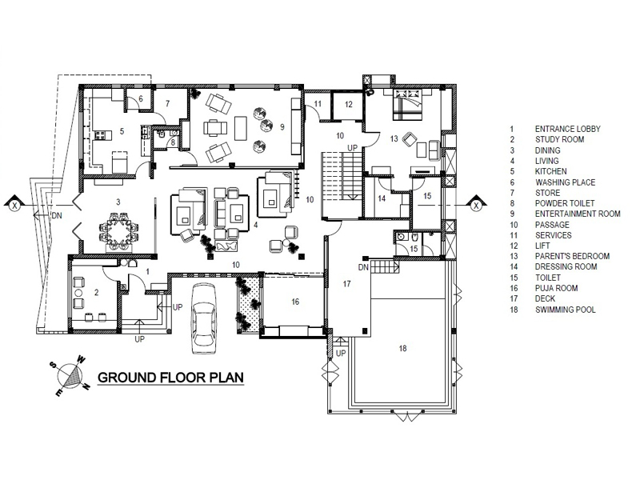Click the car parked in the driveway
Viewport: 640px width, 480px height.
click(204, 318)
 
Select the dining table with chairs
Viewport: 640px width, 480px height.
click(119, 232)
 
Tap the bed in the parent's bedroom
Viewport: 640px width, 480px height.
click(406, 104)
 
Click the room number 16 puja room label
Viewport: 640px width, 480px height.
click(295, 302)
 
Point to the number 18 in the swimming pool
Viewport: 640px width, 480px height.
click(403, 348)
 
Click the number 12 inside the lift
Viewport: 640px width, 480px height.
click(348, 105)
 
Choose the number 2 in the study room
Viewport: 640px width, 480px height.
click(96, 292)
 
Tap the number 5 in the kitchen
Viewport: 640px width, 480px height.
click(122, 131)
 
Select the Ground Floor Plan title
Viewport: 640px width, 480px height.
click(170, 377)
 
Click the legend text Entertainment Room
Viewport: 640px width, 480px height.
click(578, 214)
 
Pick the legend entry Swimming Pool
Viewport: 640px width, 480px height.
click(566, 310)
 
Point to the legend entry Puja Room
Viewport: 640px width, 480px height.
click(556, 288)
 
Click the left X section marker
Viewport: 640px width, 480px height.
click(14, 206)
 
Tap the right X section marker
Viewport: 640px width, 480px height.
click(476, 206)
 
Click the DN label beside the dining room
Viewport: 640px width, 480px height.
click(57, 215)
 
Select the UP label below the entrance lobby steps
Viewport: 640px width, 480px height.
click(139, 338)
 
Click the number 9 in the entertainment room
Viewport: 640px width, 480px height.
click(282, 127)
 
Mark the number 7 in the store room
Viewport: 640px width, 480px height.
click(167, 104)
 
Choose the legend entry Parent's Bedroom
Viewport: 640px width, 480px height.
click(572, 256)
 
